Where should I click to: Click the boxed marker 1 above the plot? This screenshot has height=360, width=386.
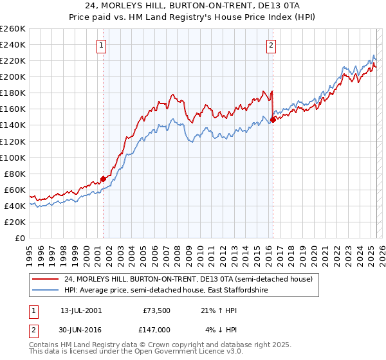point(102,45)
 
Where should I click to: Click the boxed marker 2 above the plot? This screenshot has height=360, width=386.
point(271,45)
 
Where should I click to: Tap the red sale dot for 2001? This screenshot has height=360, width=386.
point(103,179)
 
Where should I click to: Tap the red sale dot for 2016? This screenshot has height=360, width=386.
point(273,119)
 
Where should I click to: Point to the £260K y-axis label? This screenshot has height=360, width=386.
point(13,29)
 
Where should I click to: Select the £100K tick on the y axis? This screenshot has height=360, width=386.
point(13,157)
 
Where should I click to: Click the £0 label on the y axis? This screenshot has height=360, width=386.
point(21,238)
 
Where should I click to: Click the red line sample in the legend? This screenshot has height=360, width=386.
point(44,279)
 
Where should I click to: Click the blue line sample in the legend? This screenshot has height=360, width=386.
point(44,291)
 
